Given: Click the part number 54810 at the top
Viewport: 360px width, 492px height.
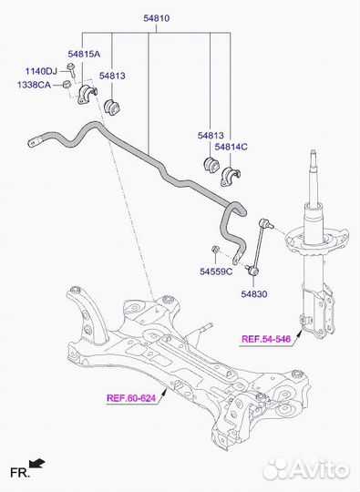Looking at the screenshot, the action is click(x=156, y=18).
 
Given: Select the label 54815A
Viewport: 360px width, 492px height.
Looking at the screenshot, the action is click(x=84, y=54).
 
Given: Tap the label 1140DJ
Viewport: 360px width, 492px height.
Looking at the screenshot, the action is click(x=41, y=71).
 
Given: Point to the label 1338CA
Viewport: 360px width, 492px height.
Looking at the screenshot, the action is click(x=34, y=85).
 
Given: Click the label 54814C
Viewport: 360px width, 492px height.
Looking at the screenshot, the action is click(x=231, y=147).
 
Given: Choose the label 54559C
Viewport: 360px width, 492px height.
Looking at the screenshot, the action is click(x=216, y=272).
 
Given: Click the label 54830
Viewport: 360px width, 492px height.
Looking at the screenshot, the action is click(x=254, y=294).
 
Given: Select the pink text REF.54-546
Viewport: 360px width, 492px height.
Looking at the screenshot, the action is click(x=266, y=339).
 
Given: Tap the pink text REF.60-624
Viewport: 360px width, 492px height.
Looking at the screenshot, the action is click(x=131, y=398).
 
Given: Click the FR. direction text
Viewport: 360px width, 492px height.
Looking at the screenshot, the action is click(x=20, y=473).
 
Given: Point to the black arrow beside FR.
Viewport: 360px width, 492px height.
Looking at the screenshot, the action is click(x=37, y=463).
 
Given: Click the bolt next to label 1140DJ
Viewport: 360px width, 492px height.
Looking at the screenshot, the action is click(x=71, y=70).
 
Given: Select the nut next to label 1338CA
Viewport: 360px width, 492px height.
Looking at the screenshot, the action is click(x=66, y=85).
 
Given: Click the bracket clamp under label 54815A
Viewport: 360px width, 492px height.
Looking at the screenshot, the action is click(x=87, y=94).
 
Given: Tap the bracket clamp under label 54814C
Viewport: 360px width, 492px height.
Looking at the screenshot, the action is click(x=230, y=177).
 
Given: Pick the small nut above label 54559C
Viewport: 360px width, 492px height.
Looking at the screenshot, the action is click(x=215, y=250).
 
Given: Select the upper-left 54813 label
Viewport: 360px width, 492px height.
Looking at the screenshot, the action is click(x=112, y=76).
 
